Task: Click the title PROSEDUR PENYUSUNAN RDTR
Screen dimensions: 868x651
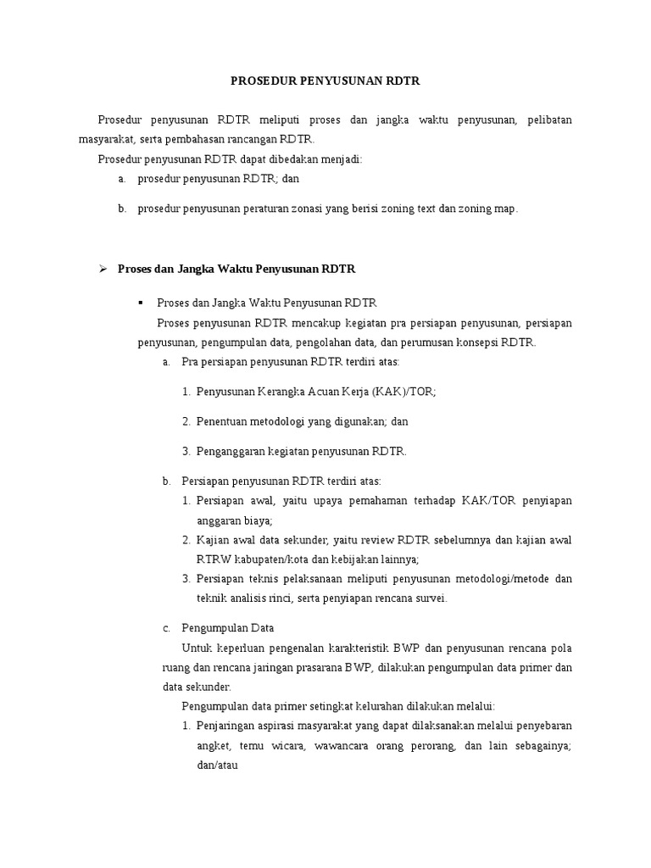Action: [x=325, y=81]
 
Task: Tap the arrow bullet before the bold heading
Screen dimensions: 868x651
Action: [x=102, y=269]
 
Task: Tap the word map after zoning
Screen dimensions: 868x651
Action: [x=504, y=208]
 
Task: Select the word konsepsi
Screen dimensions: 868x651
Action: [x=479, y=342]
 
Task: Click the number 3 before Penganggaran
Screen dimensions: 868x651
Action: [x=186, y=451]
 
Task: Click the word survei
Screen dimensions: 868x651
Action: [x=429, y=598]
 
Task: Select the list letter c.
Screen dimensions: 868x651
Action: [x=166, y=628]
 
